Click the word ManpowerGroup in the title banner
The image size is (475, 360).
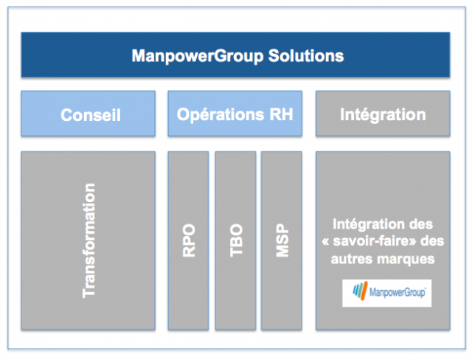point(198,56)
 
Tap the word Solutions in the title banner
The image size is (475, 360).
point(306,56)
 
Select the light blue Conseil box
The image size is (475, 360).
point(89,114)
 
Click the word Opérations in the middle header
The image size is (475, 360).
point(221,115)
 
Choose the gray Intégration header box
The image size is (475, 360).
point(383,114)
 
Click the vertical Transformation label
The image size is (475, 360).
point(89,240)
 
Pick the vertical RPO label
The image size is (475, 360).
point(189,240)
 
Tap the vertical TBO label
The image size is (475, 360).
point(236,240)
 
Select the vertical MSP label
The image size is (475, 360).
point(282,240)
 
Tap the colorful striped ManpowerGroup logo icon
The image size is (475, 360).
point(360,291)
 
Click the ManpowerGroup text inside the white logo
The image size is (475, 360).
point(398,293)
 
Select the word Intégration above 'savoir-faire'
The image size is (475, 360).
point(368,224)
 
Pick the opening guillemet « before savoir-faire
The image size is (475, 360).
point(325,242)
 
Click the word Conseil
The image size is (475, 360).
point(91,115)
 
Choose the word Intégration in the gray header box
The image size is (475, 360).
point(383,115)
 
